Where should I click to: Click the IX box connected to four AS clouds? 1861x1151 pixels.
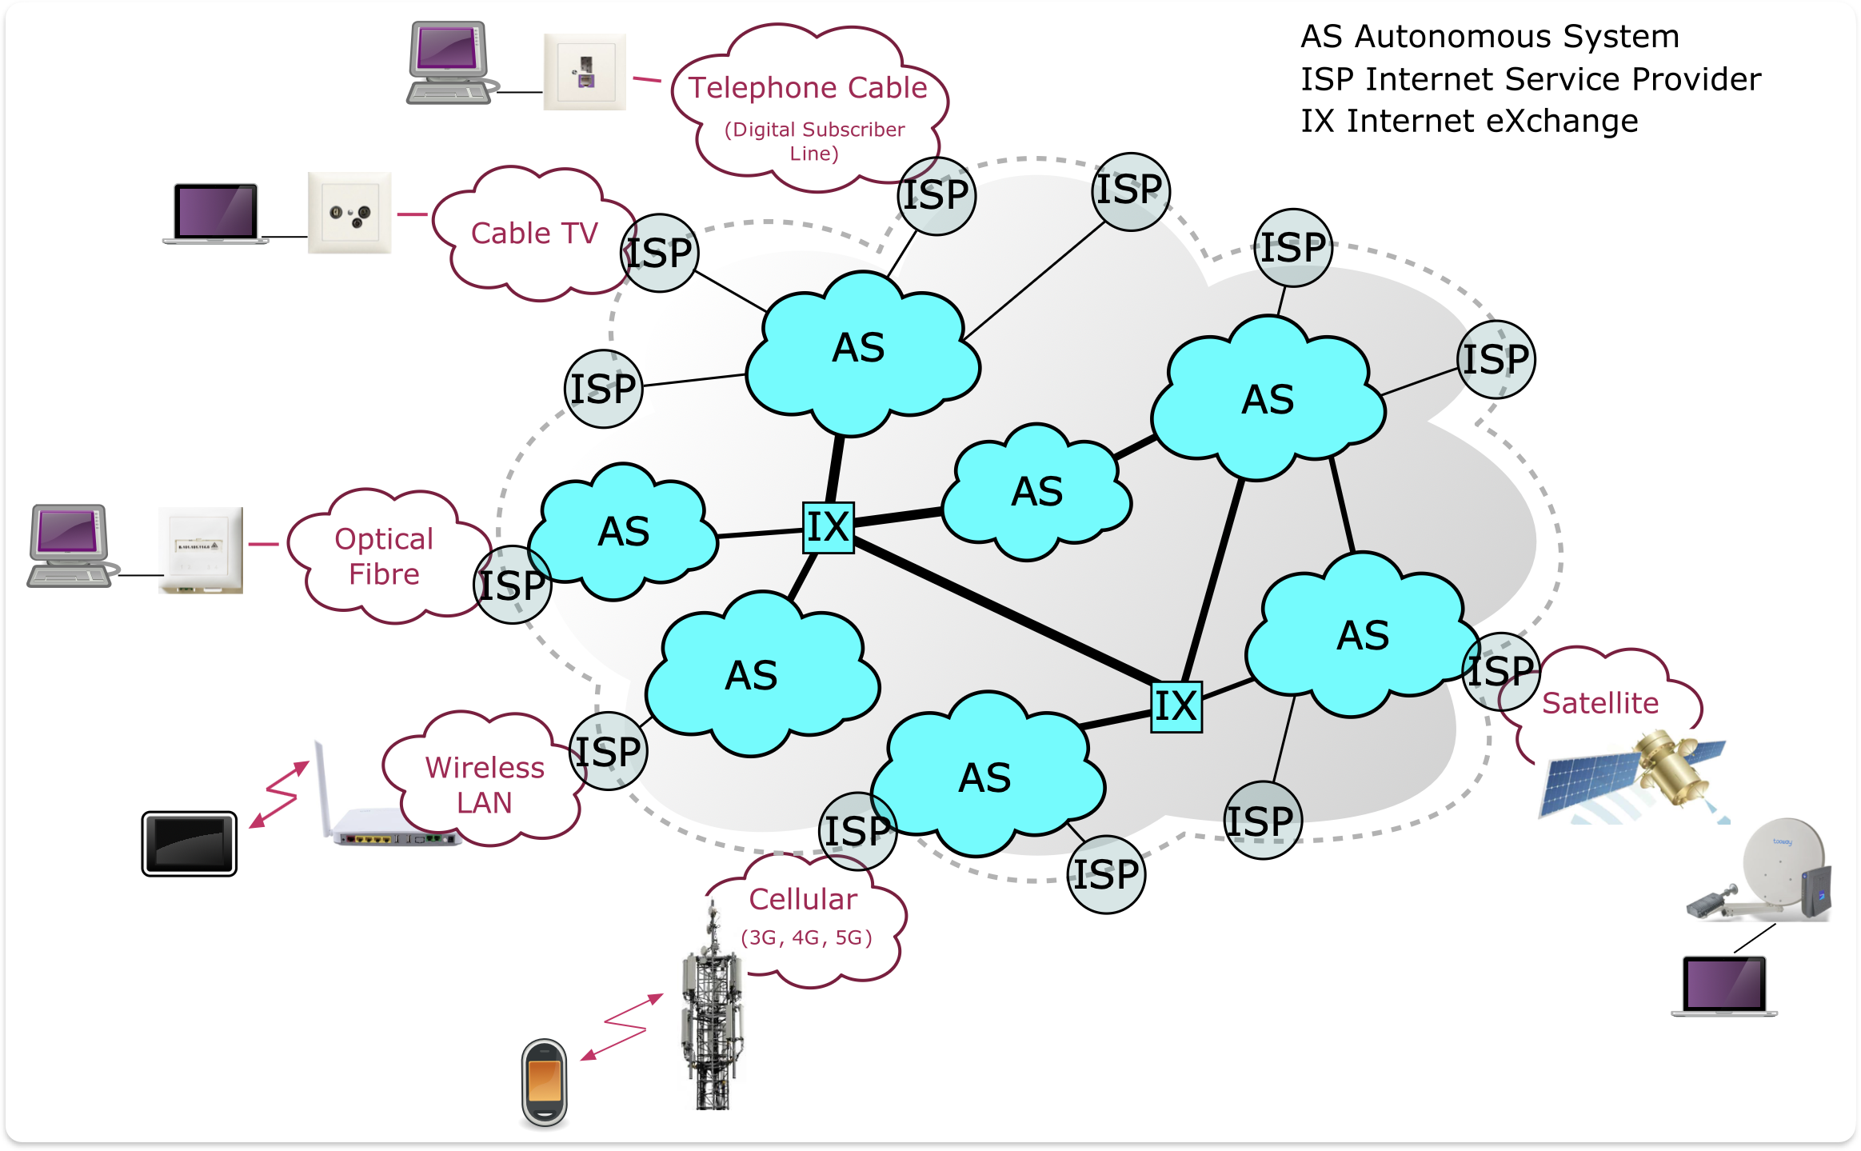[x=828, y=527]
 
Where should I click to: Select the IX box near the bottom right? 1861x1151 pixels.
[x=1176, y=706]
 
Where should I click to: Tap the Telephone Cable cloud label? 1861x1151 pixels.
[x=808, y=87]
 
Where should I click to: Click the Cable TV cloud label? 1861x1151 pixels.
[x=534, y=234]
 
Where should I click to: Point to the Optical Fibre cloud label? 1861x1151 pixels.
[x=384, y=557]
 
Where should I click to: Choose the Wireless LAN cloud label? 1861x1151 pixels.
[x=485, y=785]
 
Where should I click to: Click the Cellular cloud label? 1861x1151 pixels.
[x=803, y=899]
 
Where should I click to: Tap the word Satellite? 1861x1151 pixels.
[x=1599, y=703]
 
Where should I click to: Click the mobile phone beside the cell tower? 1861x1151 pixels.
[x=545, y=1082]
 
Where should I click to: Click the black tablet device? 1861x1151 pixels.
[x=190, y=844]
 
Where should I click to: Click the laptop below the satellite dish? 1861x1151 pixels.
[x=1724, y=986]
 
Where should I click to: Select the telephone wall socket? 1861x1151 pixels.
[x=585, y=72]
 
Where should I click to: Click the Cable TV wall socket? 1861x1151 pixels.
[x=349, y=213]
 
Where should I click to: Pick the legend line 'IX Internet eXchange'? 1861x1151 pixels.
[x=1469, y=121]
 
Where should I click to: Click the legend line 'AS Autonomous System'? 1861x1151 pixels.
[x=1489, y=37]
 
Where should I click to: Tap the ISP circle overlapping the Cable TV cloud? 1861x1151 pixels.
[x=660, y=253]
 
